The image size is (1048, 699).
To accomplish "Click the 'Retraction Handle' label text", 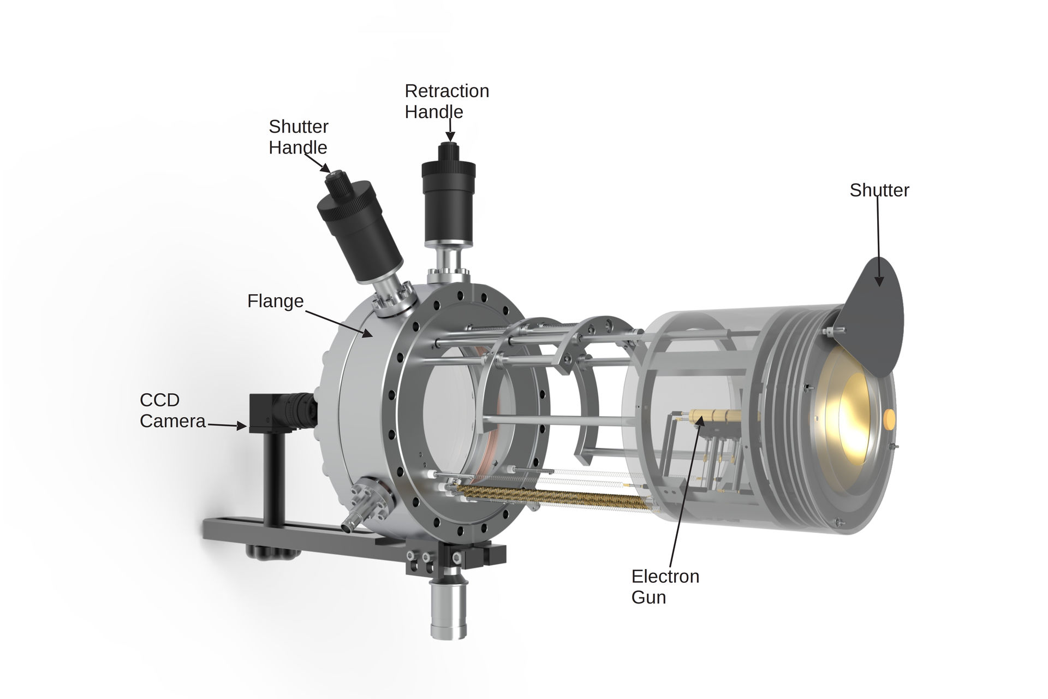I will coord(446,101).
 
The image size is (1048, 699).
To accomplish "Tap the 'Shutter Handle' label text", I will coord(298,137).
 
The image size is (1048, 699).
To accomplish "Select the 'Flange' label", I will coord(275,301).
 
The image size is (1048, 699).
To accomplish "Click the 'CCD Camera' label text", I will coord(172,410).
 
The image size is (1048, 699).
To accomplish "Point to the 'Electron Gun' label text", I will coord(665,587).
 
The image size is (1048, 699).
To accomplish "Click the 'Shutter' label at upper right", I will coord(879,190).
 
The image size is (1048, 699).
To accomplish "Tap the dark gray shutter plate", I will coord(873,322).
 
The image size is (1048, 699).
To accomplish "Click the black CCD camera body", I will coord(264,414).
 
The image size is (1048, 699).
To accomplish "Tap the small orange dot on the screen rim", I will coord(889,419).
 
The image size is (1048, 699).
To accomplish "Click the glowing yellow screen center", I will coord(854,418).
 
